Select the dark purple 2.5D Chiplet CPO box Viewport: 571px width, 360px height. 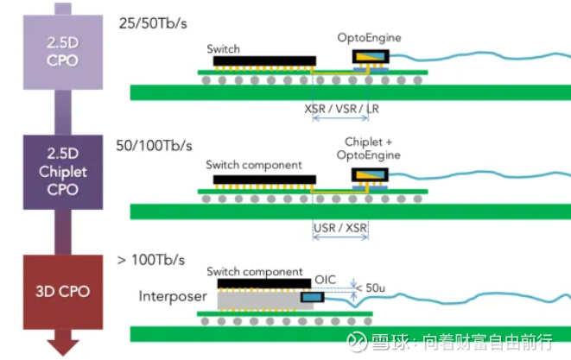(x=63, y=172)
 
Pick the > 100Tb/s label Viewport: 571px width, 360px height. (x=150, y=259)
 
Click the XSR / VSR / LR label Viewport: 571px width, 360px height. (x=342, y=111)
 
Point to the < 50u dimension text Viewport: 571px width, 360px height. (x=376, y=287)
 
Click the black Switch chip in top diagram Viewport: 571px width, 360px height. (x=261, y=62)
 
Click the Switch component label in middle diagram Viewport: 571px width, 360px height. (x=253, y=164)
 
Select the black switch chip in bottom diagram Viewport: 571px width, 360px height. (x=263, y=282)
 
